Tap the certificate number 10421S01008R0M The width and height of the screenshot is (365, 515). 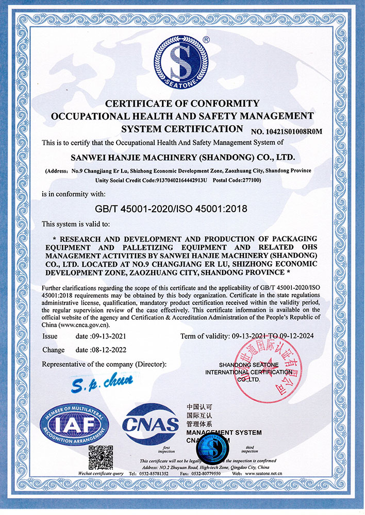[x=287, y=131]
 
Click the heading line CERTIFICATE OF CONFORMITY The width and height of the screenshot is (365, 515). [x=182, y=104]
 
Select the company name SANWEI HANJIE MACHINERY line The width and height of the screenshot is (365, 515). [x=182, y=156]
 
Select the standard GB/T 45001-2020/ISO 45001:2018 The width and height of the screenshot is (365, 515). [x=182, y=209]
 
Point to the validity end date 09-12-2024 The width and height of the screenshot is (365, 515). [x=295, y=336]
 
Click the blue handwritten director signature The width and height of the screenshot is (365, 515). [x=110, y=382]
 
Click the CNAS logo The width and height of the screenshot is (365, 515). [x=150, y=425]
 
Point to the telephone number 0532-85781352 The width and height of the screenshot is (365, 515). [x=158, y=473]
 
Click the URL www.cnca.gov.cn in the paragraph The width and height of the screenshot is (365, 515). [x=84, y=324]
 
